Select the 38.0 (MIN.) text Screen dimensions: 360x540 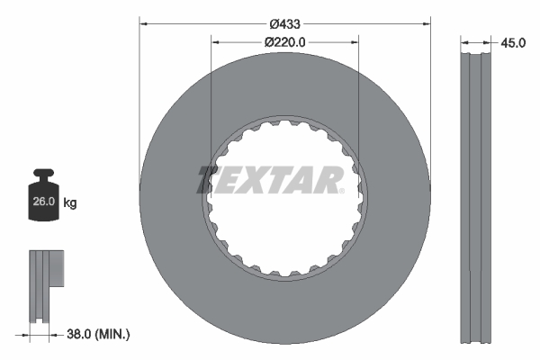tap(99, 334)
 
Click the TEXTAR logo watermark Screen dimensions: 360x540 tap(270, 179)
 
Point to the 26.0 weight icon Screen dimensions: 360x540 tap(43, 202)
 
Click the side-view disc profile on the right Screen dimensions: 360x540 tap(477, 198)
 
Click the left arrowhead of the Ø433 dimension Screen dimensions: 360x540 tap(143, 21)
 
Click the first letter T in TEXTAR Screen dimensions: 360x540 tap(210, 179)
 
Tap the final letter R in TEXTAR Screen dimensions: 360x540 tap(330, 179)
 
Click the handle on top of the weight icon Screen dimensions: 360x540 tap(43, 173)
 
